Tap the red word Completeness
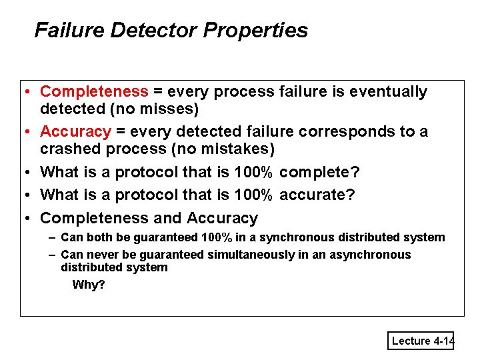94,91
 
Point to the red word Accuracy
75,131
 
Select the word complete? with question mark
319,172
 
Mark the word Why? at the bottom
88,285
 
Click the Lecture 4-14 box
421,341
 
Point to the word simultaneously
255,255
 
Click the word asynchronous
369,255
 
